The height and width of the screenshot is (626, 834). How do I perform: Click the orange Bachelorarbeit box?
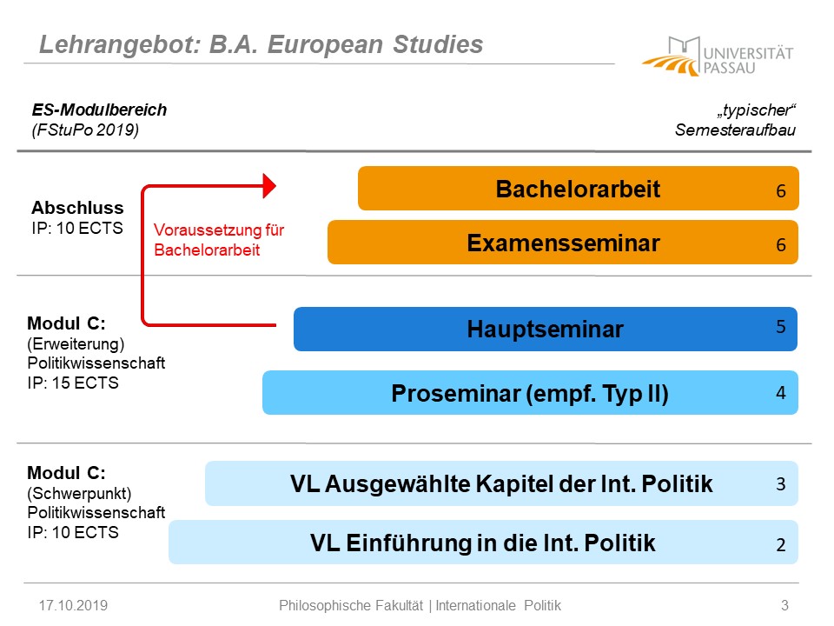[579, 189]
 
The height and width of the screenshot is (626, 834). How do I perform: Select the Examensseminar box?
[563, 243]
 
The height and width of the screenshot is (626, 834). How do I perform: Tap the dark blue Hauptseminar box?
[546, 329]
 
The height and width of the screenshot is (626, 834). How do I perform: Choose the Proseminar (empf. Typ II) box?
[530, 393]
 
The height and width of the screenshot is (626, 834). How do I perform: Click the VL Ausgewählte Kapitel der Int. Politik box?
[501, 483]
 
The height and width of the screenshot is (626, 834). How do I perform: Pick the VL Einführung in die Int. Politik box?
[483, 543]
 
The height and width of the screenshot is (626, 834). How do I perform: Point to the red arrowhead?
[269, 186]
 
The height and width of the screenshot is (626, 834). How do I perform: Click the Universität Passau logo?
[718, 56]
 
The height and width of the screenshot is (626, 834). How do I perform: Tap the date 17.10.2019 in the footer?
[73, 605]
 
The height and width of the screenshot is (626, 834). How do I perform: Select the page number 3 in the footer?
[784, 605]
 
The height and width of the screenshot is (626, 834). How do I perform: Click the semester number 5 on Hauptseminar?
[780, 326]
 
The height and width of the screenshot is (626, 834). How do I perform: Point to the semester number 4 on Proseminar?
[780, 393]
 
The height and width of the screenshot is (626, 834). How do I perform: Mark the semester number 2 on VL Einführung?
[780, 544]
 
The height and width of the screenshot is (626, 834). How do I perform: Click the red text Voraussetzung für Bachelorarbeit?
[219, 240]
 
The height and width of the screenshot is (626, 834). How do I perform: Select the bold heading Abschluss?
[77, 208]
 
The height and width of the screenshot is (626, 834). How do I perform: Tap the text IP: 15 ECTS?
[73, 383]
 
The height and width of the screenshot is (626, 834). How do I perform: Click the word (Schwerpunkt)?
[79, 494]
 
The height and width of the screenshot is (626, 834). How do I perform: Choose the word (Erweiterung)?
[76, 344]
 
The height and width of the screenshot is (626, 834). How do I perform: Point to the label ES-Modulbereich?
[99, 110]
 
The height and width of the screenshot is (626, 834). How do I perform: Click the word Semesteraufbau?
[735, 130]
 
